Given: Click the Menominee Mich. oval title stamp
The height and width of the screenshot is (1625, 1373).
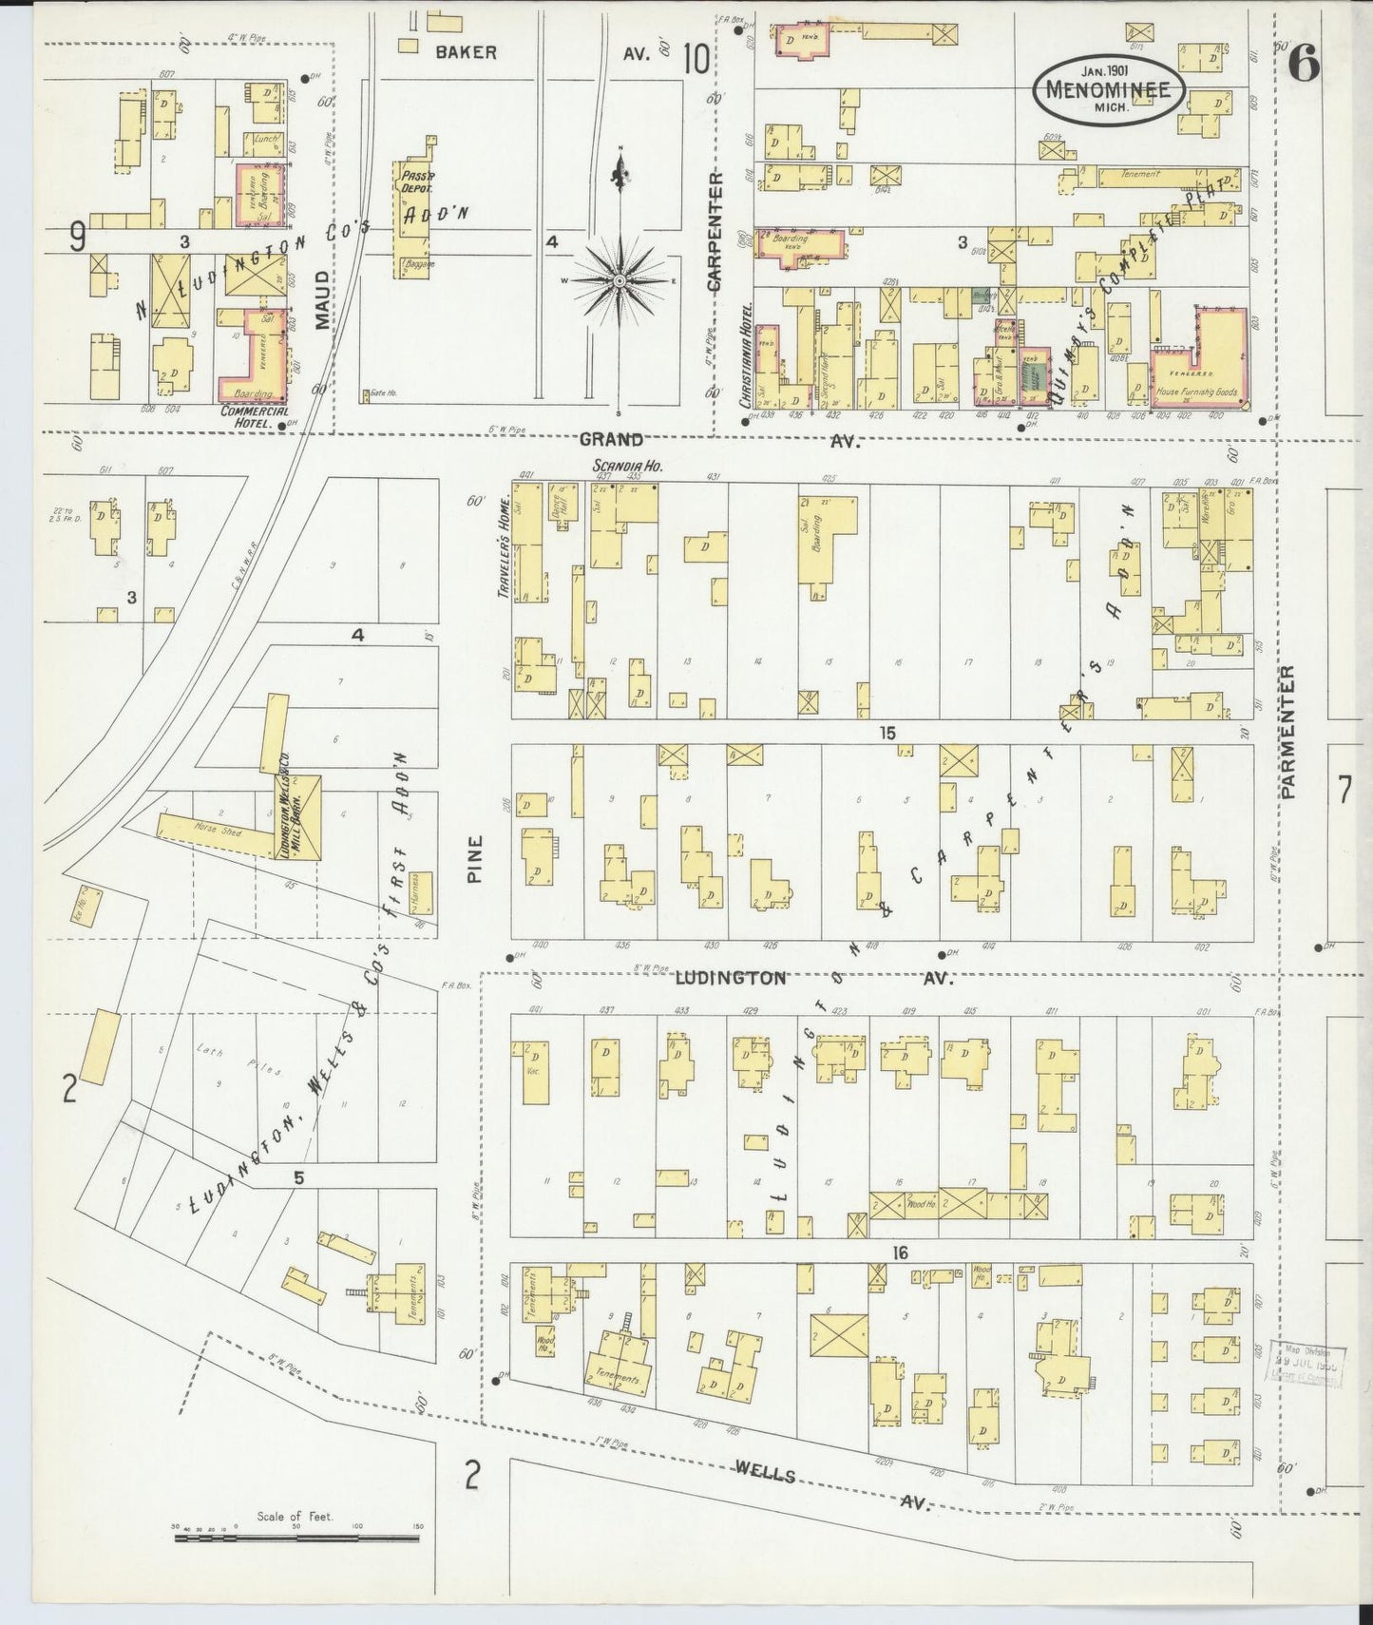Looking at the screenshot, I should click(1108, 91).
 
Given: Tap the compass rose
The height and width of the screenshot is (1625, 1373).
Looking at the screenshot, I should click(620, 281).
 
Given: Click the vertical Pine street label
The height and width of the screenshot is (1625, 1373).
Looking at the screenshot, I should click(475, 860).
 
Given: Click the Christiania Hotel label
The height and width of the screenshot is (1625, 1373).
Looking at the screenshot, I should click(746, 356).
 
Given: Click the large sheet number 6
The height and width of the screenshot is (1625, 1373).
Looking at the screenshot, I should click(1306, 64).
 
